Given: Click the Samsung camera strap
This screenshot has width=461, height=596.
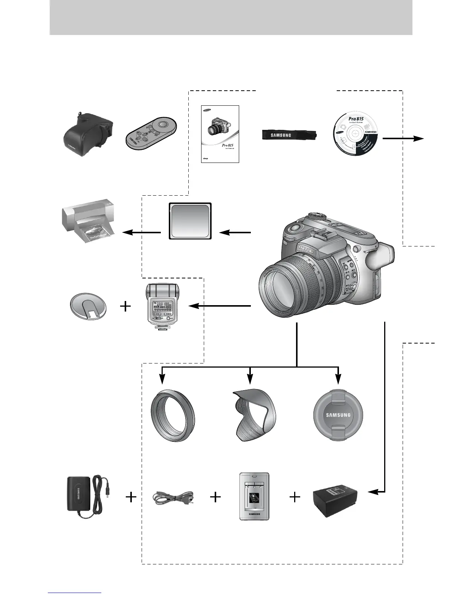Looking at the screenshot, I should click(289, 135).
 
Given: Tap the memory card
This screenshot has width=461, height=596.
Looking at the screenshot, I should click(190, 221).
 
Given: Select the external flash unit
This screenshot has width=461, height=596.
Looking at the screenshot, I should click(163, 307).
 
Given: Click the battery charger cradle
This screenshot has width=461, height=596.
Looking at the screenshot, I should click(255, 496).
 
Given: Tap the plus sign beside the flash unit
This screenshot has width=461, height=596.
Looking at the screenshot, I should click(125, 307).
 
